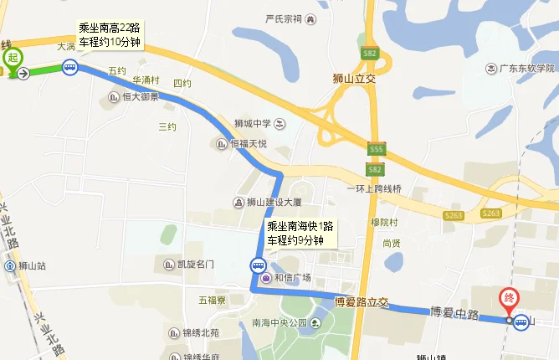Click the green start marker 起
point(13,58)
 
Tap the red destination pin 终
point(508,298)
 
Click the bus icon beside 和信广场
point(254,266)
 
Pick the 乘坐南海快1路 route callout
point(300,233)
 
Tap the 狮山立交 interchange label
point(356,80)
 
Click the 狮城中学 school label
point(254,124)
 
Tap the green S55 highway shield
point(376,148)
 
